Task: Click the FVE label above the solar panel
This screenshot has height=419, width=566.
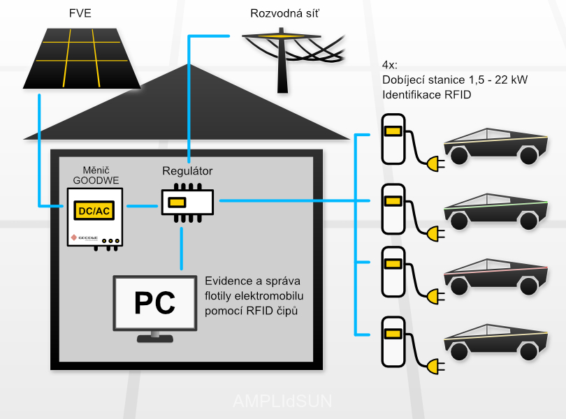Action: pyautogui.click(x=80, y=13)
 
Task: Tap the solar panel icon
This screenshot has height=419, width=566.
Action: pyautogui.click(x=82, y=58)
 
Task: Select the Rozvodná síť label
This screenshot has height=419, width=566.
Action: pyautogui.click(x=285, y=13)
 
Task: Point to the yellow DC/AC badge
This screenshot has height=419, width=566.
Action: pyautogui.click(x=94, y=210)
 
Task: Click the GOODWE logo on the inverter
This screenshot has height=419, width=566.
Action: pyautogui.click(x=84, y=238)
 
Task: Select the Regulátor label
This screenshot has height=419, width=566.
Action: pyautogui.click(x=187, y=170)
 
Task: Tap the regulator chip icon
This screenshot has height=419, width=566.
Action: pyautogui.click(x=187, y=203)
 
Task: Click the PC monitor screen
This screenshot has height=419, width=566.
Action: pyautogui.click(x=155, y=303)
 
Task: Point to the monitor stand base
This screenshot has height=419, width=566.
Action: pyautogui.click(x=155, y=339)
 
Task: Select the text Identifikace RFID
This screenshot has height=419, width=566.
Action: pyautogui.click(x=427, y=94)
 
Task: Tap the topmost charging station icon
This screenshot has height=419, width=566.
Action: pyautogui.click(x=393, y=139)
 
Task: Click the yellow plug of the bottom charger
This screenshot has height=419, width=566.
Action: pyautogui.click(x=435, y=367)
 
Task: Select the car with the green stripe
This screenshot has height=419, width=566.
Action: pyautogui.click(x=495, y=212)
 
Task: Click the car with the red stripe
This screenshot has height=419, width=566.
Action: pyautogui.click(x=495, y=277)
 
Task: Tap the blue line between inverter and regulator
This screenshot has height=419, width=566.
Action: pyautogui.click(x=143, y=206)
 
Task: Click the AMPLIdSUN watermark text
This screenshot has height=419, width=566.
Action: pyautogui.click(x=282, y=401)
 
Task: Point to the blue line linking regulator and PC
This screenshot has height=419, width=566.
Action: pyautogui.click(x=181, y=249)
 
